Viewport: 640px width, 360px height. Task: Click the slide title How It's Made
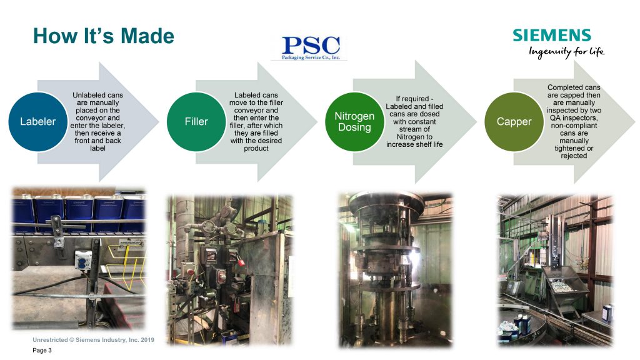(x=103, y=36)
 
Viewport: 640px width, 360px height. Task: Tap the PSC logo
(x=311, y=47)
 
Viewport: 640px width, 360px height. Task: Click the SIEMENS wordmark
(x=552, y=35)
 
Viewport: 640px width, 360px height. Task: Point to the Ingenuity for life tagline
(x=566, y=52)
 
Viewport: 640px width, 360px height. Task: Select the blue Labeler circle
(x=38, y=122)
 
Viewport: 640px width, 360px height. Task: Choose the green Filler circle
(x=196, y=122)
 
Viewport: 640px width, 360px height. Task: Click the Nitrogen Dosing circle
(x=354, y=122)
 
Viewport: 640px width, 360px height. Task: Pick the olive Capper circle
(x=514, y=122)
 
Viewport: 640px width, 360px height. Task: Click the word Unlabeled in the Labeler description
(x=86, y=95)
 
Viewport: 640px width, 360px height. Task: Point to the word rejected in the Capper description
(x=574, y=156)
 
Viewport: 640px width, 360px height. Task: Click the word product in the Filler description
(x=256, y=149)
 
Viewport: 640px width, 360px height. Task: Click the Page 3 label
(x=42, y=350)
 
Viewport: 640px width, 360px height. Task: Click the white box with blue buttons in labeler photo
(x=83, y=260)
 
